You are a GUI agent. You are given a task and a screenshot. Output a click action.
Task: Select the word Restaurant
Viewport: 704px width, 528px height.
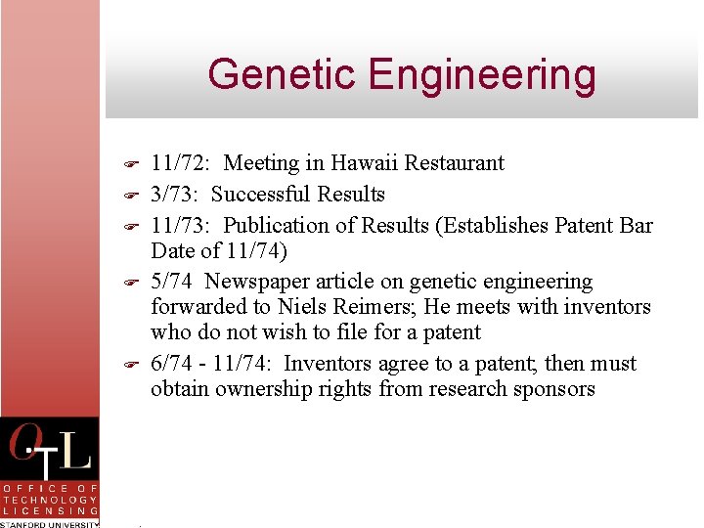[x=458, y=163]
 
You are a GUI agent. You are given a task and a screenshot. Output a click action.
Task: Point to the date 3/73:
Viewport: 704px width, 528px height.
[x=176, y=195]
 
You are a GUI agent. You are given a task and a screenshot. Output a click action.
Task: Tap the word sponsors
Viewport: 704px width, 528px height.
[x=556, y=389]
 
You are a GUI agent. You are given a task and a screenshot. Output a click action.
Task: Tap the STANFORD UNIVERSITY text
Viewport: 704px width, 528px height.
[x=49, y=524]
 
